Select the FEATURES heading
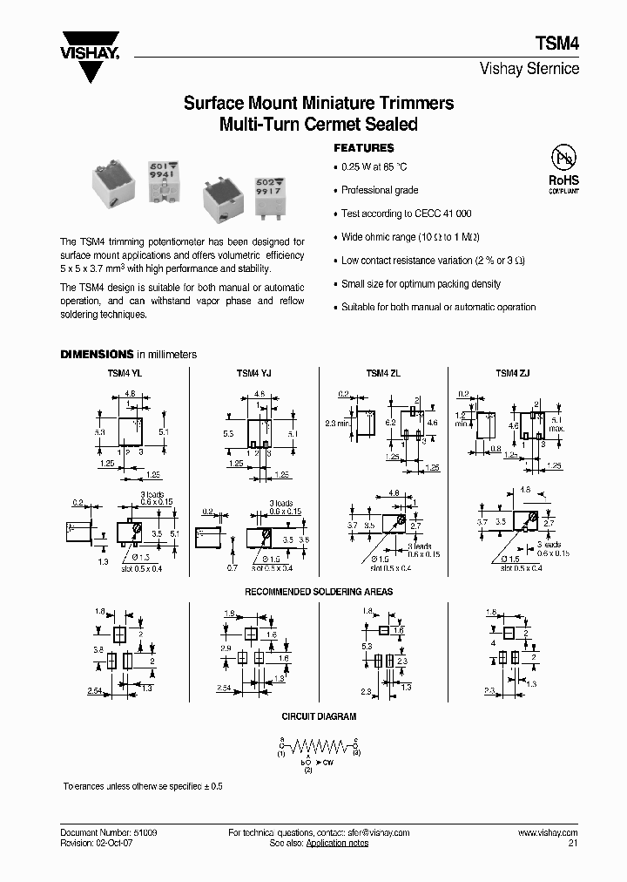(364, 148)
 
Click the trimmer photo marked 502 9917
(246, 188)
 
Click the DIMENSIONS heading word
(96, 355)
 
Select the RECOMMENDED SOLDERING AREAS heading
(318, 592)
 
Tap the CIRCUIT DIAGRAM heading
(318, 716)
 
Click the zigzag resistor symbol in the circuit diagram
(319, 746)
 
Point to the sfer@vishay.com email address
(371, 833)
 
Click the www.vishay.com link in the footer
(547, 833)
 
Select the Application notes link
(338, 844)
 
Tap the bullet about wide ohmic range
(410, 237)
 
